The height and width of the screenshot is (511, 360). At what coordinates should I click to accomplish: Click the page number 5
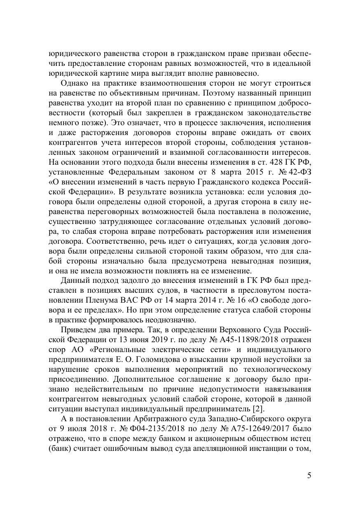click(309, 476)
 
